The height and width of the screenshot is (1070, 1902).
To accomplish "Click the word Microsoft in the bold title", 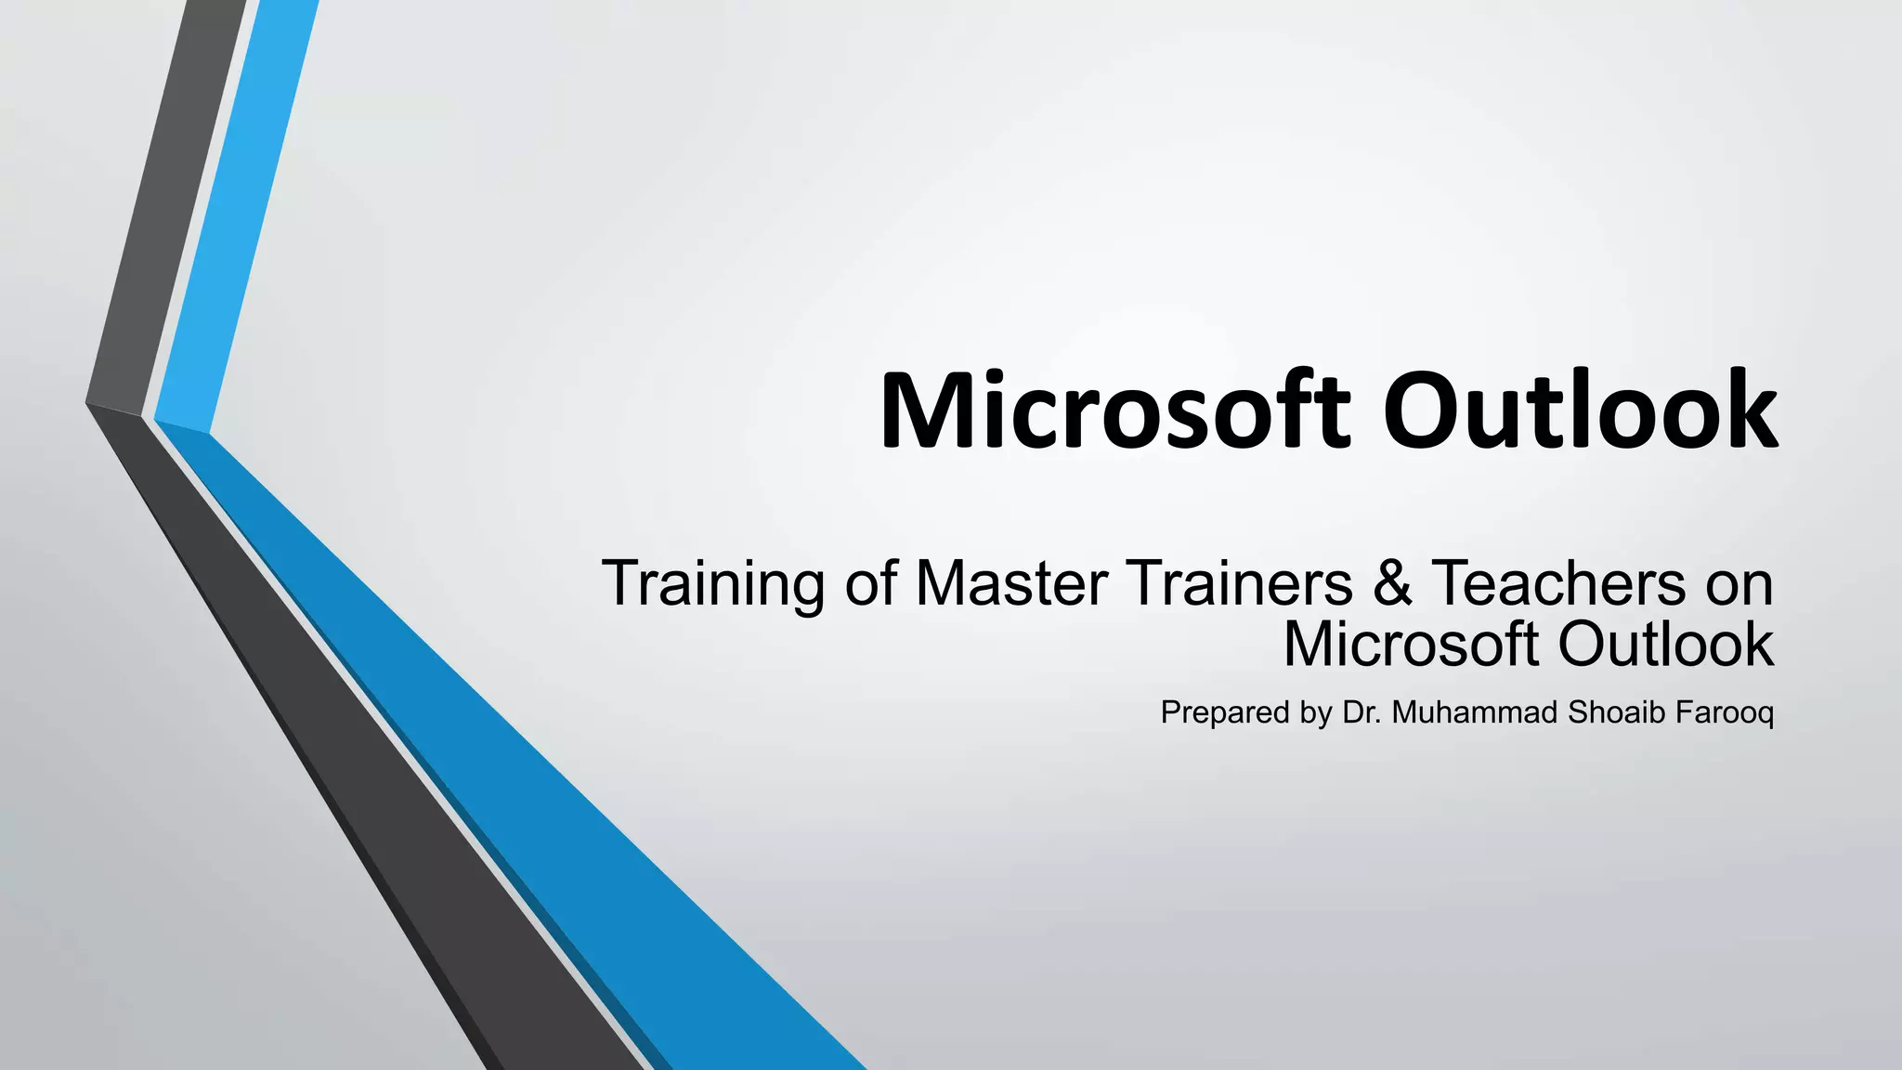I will (1114, 411).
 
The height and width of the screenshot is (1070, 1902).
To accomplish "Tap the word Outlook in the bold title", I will (1579, 411).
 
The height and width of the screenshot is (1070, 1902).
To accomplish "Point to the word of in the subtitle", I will (870, 584).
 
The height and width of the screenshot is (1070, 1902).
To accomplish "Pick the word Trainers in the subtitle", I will (1240, 584).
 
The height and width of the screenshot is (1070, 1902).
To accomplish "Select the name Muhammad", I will (1475, 713).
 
